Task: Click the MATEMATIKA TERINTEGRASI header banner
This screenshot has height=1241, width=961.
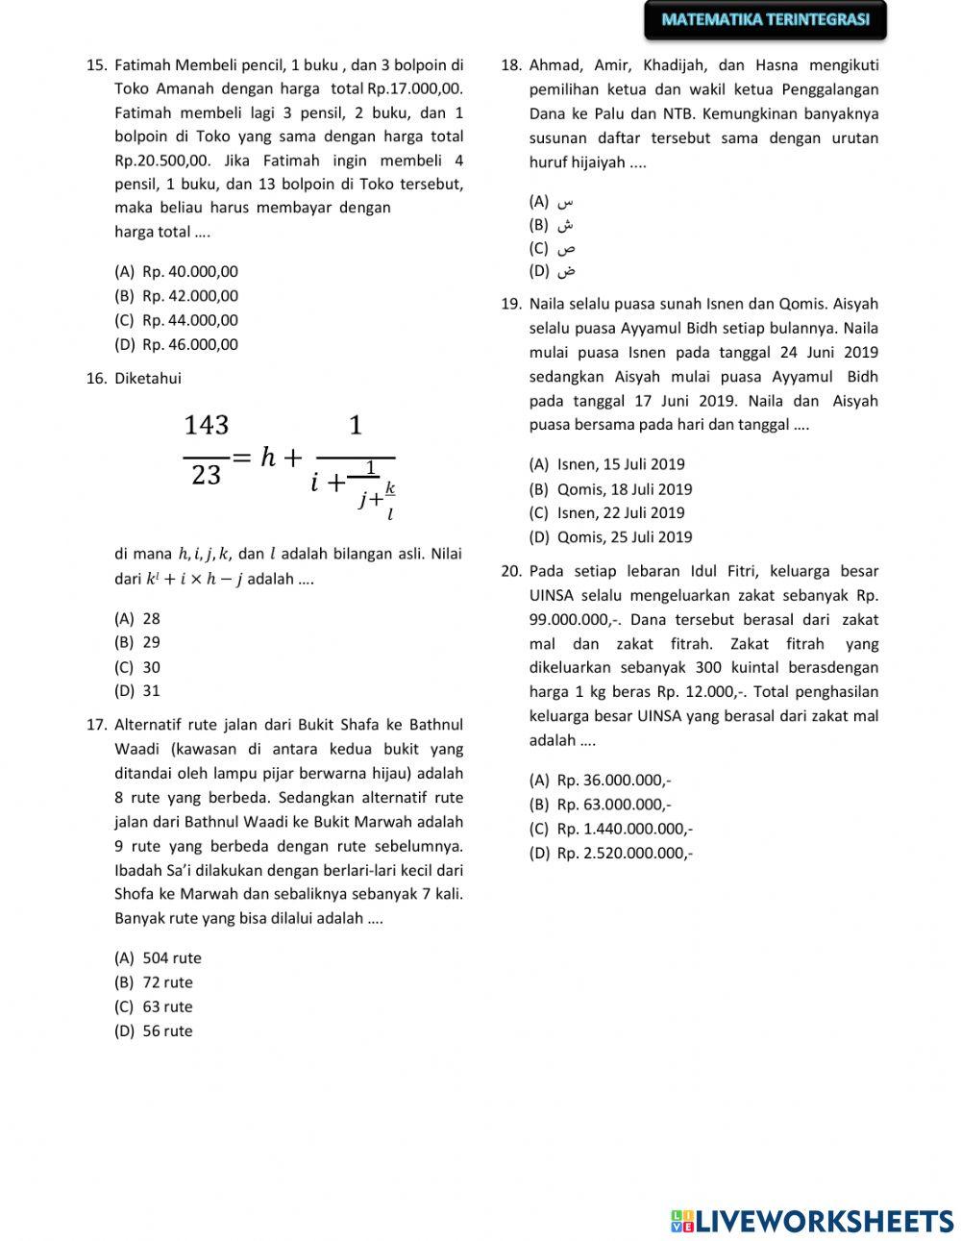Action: (x=765, y=19)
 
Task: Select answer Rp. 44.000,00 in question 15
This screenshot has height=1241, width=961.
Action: (x=189, y=320)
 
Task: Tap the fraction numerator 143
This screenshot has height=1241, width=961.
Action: (x=206, y=424)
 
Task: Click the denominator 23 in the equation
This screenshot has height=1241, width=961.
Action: (x=206, y=475)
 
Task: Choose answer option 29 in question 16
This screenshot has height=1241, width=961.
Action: (x=151, y=642)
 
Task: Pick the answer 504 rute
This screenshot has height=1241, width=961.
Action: (x=171, y=957)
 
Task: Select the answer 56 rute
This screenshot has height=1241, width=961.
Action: (x=167, y=1030)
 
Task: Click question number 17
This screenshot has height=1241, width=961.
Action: (x=95, y=725)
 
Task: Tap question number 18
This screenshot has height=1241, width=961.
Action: (x=510, y=65)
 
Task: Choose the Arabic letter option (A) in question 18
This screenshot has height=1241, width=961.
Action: (x=565, y=202)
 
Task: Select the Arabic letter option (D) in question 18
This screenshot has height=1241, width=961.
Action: (x=565, y=271)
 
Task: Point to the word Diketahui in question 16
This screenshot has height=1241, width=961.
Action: (x=147, y=378)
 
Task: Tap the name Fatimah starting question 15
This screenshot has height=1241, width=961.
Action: (x=142, y=65)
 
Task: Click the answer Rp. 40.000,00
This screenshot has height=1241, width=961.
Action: (x=189, y=272)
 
